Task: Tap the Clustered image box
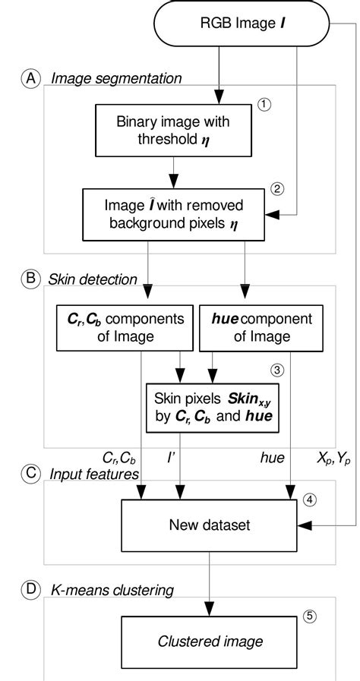click(x=210, y=640)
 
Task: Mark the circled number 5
click(x=308, y=616)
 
